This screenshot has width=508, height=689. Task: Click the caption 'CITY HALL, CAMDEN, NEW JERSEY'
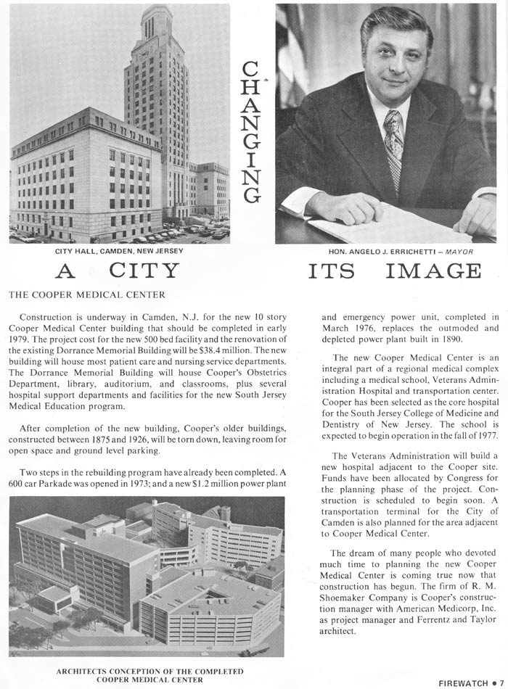pyautogui.click(x=120, y=251)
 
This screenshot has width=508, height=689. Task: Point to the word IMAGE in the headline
pyautogui.click(x=433, y=272)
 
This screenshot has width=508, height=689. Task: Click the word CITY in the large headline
pyautogui.click(x=144, y=272)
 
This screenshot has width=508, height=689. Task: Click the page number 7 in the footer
pyautogui.click(x=501, y=682)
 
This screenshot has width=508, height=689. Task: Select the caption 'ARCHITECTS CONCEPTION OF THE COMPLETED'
pyautogui.click(x=150, y=671)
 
